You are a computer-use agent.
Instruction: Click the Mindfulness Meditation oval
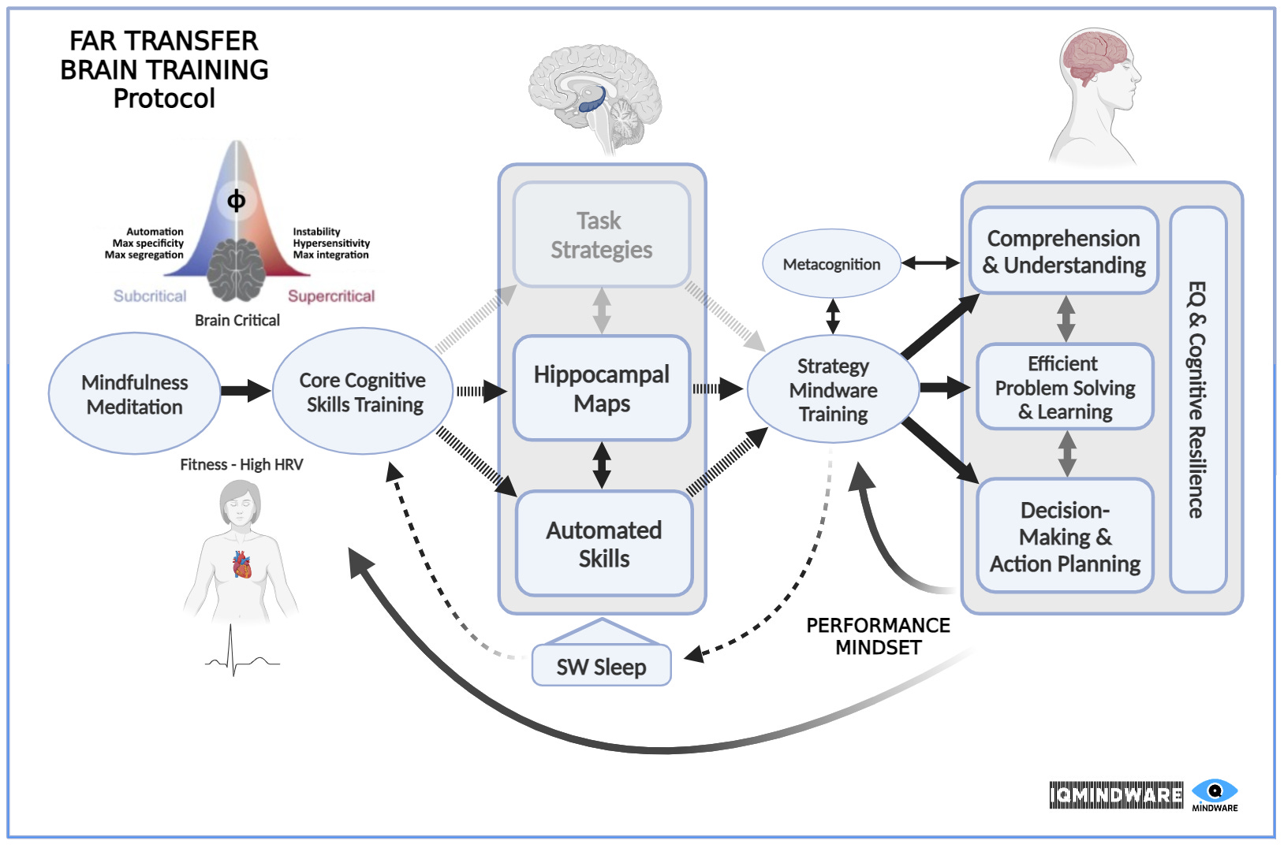pos(134,394)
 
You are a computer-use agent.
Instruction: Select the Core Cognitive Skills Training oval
pos(363,392)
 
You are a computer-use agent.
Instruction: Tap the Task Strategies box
pos(602,235)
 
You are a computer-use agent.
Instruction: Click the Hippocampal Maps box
pos(602,388)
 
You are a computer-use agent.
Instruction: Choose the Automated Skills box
pos(604,544)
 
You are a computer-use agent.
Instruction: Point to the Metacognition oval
pos(831,264)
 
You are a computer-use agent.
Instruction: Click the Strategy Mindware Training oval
pos(833,390)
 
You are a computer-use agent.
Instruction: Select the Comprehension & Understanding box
pos(1064,251)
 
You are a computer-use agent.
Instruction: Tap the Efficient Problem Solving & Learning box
pos(1065,387)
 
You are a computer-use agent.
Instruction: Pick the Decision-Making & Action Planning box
pos(1065,536)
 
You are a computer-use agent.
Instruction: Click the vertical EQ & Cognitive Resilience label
pos(1197,400)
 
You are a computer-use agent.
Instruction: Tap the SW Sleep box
pos(601,667)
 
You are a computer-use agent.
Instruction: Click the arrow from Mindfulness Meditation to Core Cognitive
pos(245,390)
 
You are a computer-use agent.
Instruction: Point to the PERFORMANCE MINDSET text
pos(878,636)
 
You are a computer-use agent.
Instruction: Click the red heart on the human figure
pos(242,565)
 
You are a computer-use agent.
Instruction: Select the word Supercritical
pos(330,296)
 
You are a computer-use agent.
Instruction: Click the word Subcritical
pos(150,296)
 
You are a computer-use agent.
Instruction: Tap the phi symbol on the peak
pos(236,200)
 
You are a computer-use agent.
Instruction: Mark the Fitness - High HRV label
pos(241,464)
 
